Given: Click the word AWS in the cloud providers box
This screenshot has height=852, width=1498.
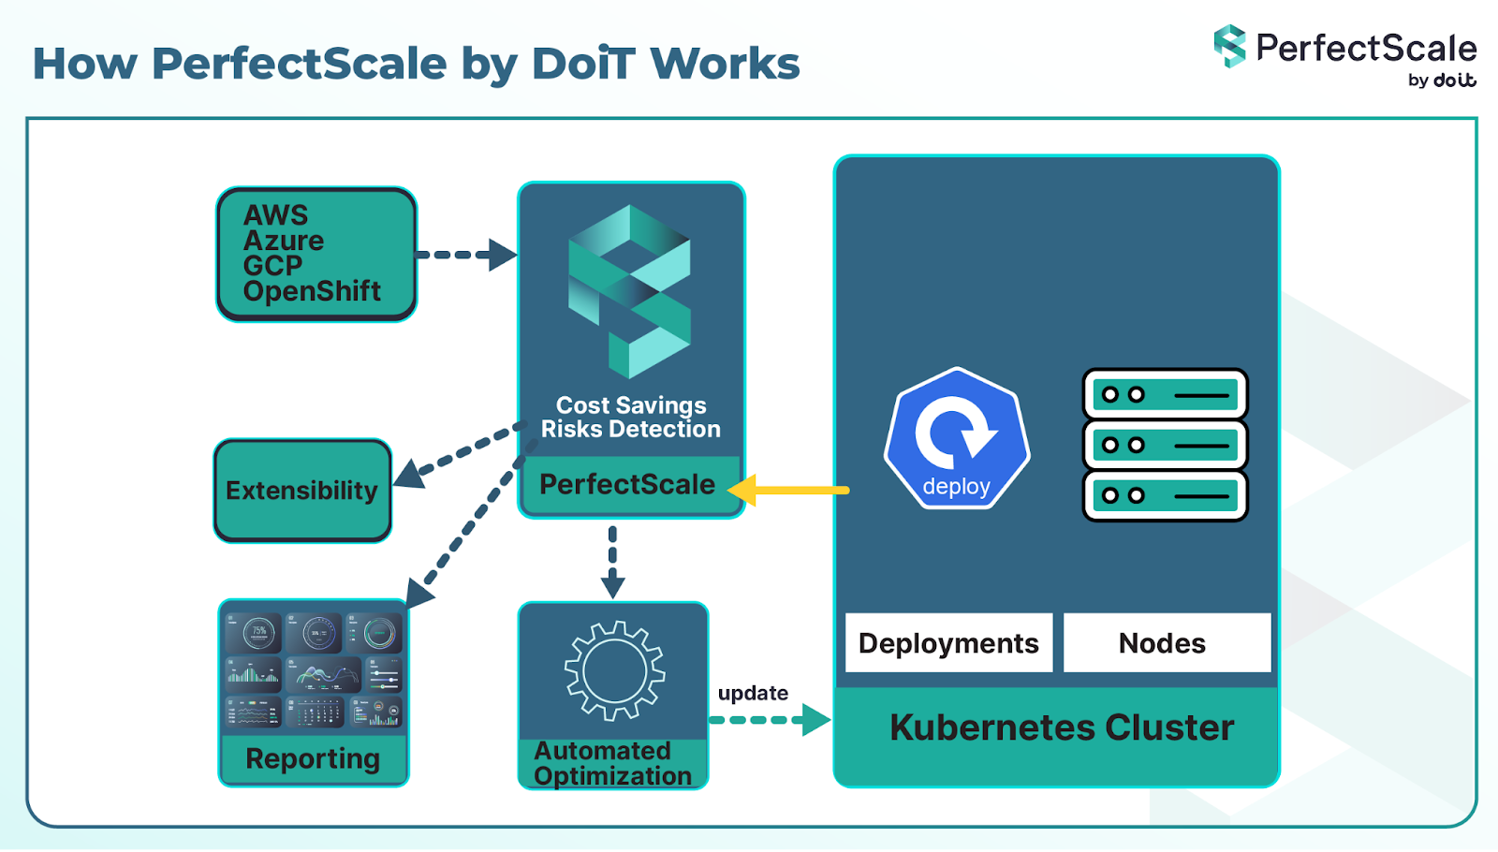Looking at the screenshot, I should (275, 215).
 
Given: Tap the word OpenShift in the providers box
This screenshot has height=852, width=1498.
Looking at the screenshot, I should (312, 291).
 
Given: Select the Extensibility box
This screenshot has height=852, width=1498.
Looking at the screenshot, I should (301, 491).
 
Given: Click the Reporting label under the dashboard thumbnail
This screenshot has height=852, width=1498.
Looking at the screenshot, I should (313, 758).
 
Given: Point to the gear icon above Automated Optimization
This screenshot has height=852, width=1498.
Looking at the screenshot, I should (614, 670).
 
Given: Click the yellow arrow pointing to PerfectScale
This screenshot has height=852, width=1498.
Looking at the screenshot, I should (791, 490).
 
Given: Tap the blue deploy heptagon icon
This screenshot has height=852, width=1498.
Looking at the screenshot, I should (956, 438).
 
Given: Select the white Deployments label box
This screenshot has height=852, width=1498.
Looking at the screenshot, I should (948, 643).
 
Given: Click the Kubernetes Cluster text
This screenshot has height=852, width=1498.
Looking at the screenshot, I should (1061, 727).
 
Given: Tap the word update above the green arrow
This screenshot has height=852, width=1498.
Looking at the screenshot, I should (753, 693).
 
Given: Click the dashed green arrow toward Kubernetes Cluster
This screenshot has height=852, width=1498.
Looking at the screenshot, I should (768, 720).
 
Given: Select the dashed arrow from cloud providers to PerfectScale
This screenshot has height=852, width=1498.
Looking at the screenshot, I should (465, 254).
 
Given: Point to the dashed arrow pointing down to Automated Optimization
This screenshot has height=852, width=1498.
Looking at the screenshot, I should (612, 562).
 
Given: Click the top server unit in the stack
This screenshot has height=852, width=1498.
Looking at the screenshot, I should (1165, 394).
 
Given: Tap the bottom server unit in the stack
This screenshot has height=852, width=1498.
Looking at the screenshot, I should (1165, 495).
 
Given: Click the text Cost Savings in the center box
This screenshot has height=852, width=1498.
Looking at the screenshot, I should (630, 405).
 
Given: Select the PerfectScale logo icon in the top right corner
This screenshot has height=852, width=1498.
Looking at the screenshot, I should (1229, 46).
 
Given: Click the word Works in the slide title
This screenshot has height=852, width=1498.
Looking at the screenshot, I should (725, 64).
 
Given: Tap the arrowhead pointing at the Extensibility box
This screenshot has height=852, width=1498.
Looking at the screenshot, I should (409, 473).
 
